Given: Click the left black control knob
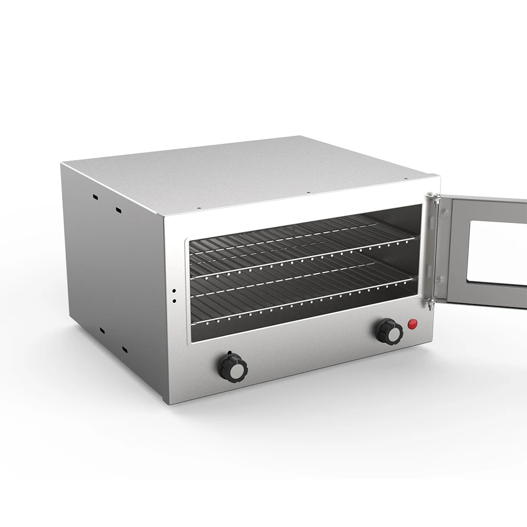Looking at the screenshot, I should [232, 367].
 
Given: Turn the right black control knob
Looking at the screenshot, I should [389, 332].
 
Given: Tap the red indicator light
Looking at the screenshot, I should [413, 323].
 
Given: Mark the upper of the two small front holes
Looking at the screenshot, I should [174, 290].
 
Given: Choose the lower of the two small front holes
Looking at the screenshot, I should [174, 301].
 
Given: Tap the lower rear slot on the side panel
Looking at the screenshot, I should [102, 330].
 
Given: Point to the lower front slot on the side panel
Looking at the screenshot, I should [125, 348].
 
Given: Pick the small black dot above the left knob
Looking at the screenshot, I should [229, 353].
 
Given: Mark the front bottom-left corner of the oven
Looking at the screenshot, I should [170, 404].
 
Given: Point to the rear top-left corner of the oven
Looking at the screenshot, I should [62, 163].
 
